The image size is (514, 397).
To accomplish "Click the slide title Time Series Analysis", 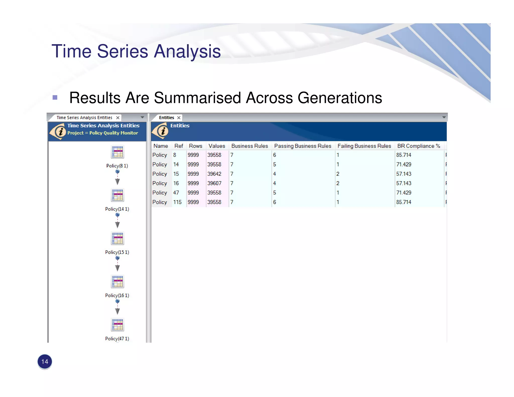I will [x=136, y=51].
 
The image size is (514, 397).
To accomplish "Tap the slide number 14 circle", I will [x=45, y=362].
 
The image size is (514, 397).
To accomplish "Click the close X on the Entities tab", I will [x=179, y=118].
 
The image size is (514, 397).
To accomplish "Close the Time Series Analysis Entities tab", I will [x=118, y=118].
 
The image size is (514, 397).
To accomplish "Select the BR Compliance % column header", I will [x=418, y=146].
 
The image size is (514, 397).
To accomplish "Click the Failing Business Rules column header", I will [x=364, y=146].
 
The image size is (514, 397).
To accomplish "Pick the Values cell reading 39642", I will [x=214, y=174].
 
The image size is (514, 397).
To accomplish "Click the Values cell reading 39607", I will [x=214, y=183].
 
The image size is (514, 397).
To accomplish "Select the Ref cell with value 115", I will [x=177, y=202].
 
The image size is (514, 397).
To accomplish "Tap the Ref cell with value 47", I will [x=176, y=193].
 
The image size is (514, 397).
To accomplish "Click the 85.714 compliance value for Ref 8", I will [x=404, y=155].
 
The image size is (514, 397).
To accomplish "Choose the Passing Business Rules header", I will [x=302, y=146].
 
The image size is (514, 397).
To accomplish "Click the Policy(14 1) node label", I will [x=117, y=209].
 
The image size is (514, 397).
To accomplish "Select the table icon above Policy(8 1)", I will [x=117, y=152].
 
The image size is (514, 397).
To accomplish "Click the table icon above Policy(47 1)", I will [x=117, y=325].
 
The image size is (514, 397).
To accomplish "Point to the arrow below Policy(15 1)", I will [x=117, y=268].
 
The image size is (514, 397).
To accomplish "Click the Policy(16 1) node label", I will [x=117, y=295].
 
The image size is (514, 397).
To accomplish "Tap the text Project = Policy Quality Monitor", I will [x=103, y=133].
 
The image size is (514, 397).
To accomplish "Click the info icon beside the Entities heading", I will [x=161, y=131].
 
